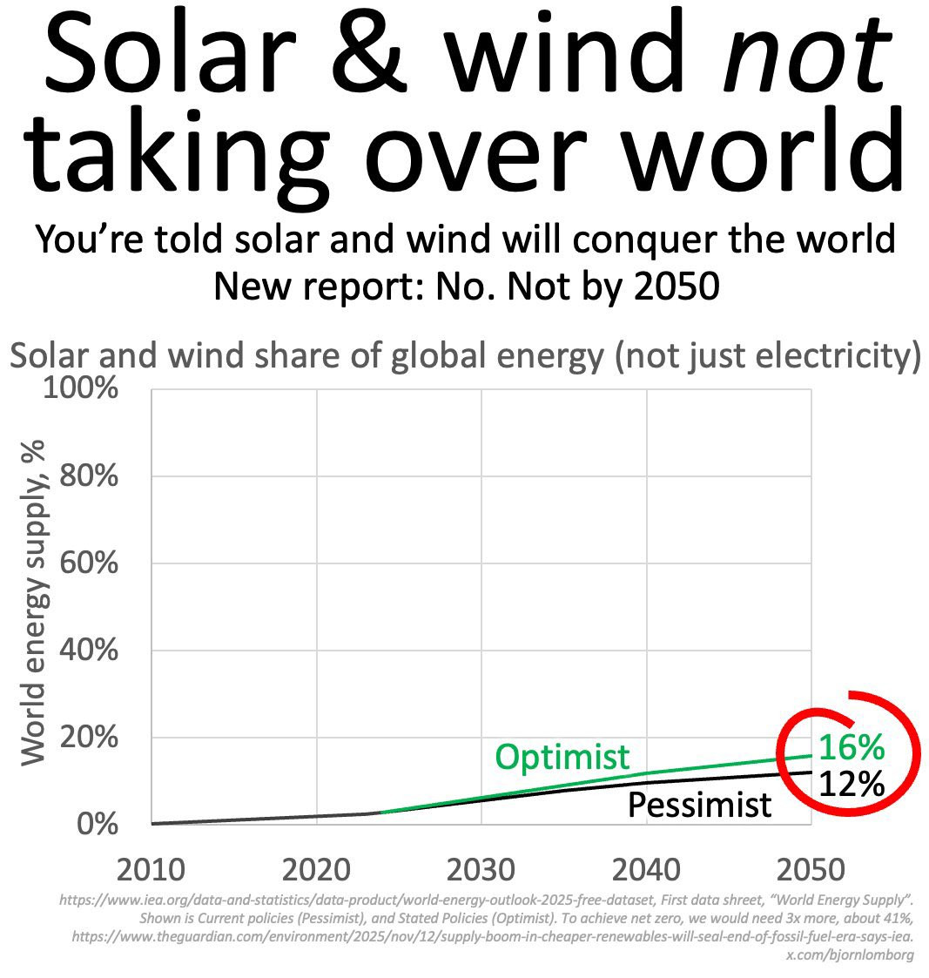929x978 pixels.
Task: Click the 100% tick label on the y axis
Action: (x=80, y=388)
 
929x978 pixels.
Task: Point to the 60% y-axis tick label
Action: (x=89, y=563)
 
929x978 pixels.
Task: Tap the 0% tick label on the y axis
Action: (x=98, y=824)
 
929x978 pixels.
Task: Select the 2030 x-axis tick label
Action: (x=481, y=869)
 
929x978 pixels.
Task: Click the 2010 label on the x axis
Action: (x=151, y=869)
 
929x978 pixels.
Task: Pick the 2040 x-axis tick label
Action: (x=647, y=869)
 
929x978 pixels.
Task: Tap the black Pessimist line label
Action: (x=699, y=805)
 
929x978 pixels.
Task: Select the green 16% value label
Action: (x=851, y=746)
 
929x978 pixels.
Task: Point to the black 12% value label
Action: (x=851, y=784)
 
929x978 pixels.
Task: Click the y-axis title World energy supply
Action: (x=34, y=603)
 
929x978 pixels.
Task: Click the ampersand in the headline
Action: (x=369, y=49)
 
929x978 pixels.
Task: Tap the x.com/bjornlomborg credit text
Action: (x=850, y=955)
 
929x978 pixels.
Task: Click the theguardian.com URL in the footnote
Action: (x=493, y=937)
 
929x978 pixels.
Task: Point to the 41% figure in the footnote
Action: (x=898, y=918)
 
